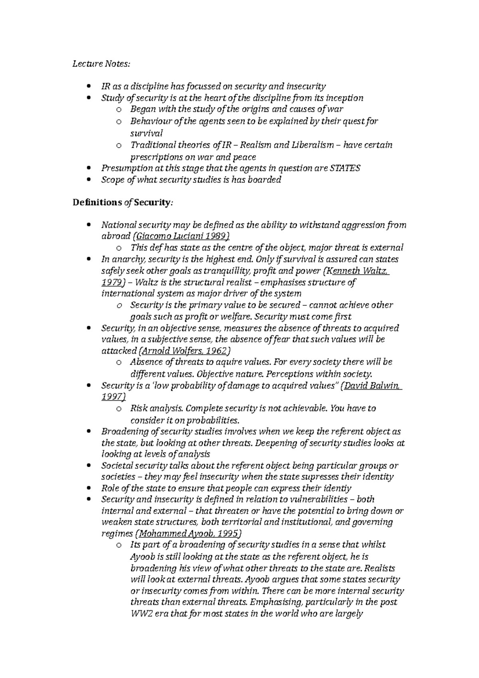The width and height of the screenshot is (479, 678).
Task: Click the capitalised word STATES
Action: click(346, 168)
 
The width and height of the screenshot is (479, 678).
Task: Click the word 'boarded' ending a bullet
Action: click(264, 180)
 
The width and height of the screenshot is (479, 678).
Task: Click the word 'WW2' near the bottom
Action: click(140, 614)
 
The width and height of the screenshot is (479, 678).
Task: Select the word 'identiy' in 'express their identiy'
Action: click(337, 488)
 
